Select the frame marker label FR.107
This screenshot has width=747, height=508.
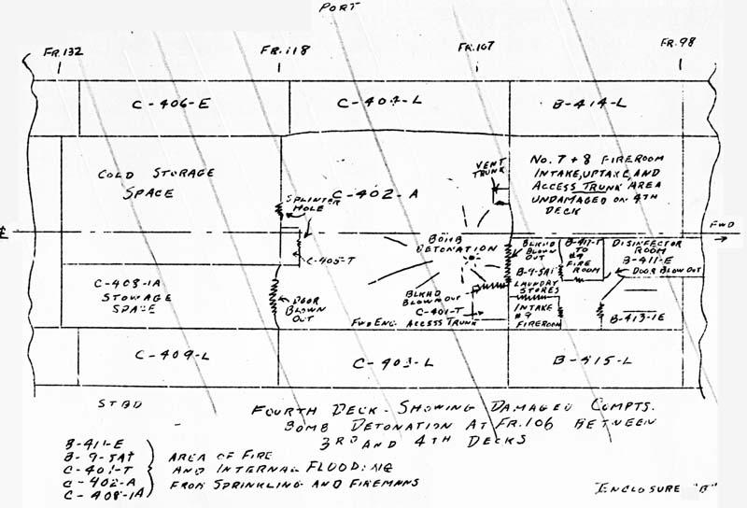(x=477, y=46)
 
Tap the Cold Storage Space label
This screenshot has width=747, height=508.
(x=157, y=183)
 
